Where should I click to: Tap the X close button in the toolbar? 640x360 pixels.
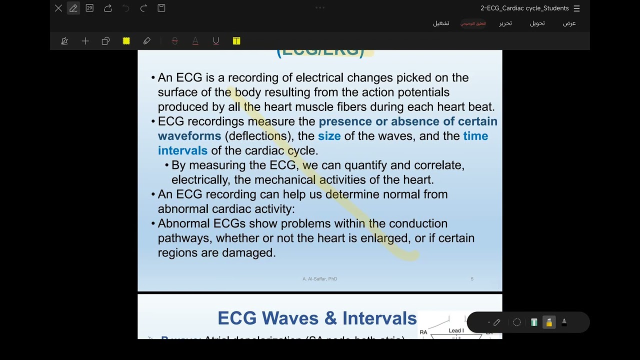pos(58,8)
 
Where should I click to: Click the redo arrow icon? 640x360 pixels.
pos(143,8)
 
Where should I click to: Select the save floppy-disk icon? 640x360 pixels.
pos(161,8)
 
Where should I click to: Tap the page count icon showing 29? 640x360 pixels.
pos(89,8)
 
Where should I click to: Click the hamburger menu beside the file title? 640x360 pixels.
pos(577,8)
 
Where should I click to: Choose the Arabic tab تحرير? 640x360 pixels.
pos(505,23)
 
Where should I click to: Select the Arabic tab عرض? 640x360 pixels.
pos(569,23)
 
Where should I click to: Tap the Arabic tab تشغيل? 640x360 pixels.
pos(441,23)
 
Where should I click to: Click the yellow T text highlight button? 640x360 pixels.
pos(236,41)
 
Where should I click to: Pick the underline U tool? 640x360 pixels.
pos(216,41)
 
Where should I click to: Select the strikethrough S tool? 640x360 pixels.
pos(174,41)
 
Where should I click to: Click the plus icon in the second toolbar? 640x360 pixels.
pos(85,41)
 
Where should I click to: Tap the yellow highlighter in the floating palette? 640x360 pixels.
pos(549,322)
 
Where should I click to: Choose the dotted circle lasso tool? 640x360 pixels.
pos(517,322)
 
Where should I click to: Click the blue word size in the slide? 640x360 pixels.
pos(329,136)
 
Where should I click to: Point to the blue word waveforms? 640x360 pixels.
pos(189,136)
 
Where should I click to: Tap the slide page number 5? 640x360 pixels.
pos(472,279)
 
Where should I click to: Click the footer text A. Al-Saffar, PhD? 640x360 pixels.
pos(319,279)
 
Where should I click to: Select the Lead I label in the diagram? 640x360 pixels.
pos(456,330)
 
